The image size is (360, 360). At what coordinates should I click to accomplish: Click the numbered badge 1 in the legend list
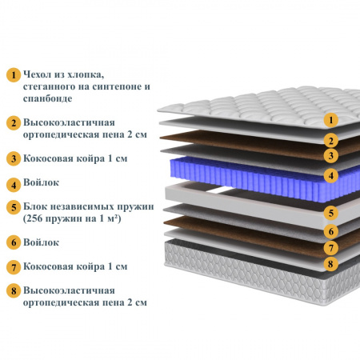(14, 75)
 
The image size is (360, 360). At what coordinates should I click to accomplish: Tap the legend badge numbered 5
(14, 207)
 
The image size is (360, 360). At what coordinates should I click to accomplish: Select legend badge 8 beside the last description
(14, 290)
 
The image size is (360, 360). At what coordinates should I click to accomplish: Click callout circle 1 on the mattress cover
(331, 120)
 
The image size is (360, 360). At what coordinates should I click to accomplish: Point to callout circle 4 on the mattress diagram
(331, 176)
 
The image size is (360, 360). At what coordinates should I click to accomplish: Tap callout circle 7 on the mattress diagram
(331, 248)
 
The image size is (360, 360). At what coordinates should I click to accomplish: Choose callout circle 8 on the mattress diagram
(331, 264)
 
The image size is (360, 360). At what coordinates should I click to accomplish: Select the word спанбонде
(47, 98)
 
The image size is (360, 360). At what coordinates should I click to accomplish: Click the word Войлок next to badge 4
(41, 182)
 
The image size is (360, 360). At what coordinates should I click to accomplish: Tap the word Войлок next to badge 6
(41, 242)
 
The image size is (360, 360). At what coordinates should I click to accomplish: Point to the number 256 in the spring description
(34, 218)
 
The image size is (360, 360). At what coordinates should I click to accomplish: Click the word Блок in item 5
(35, 206)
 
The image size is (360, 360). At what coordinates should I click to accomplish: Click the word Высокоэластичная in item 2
(69, 122)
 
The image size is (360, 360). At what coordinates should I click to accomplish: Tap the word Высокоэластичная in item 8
(69, 290)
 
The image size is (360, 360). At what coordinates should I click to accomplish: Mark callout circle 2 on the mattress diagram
(331, 141)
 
